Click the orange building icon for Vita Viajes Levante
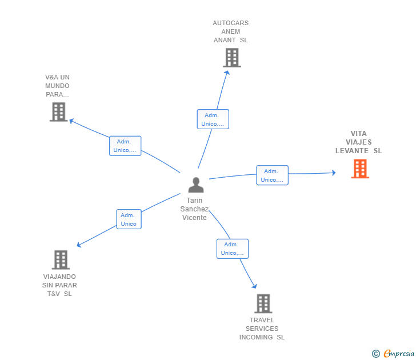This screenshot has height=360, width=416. click(360, 169)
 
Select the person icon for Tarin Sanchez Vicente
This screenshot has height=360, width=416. click(196, 185)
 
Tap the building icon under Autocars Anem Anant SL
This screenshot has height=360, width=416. click(232, 58)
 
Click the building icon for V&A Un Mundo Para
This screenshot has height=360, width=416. click(59, 112)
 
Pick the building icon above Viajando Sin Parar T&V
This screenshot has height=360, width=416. click(61, 260)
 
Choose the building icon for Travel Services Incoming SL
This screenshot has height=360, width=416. click(263, 303)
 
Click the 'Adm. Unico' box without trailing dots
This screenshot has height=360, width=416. click(129, 219)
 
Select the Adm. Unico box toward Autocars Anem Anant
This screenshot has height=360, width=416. click(213, 119)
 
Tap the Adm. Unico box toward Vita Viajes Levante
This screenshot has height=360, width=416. click(272, 175)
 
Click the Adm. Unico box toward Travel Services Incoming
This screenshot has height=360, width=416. click(233, 249)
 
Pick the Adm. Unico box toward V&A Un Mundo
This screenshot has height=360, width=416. click(125, 146)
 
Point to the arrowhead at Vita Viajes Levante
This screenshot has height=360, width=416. click(334, 173)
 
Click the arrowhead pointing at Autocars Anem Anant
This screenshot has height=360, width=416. click(227, 73)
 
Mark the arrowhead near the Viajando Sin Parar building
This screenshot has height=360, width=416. click(79, 245)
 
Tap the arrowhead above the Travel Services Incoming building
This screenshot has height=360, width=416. click(254, 286)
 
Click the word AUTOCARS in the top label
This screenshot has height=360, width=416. click(230, 23)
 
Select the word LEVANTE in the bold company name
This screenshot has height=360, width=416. click(352, 151)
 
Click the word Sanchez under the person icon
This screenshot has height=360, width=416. click(194, 209)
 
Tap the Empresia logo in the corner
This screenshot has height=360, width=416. click(393, 353)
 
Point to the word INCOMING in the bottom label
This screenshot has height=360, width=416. click(256, 337)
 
